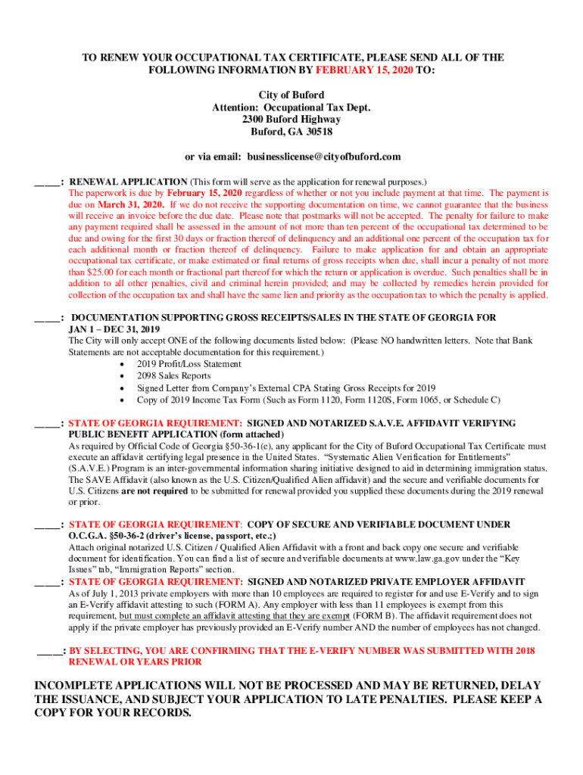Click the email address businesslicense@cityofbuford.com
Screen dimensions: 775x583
coord(321,157)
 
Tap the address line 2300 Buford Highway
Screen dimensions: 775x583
coord(291,120)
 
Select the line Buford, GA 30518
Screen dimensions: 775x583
coord(291,132)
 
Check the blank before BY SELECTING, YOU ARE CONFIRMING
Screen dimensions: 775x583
coord(50,650)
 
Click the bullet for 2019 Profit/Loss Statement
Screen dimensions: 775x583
coord(123,364)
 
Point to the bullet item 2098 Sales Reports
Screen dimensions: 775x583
coord(173,376)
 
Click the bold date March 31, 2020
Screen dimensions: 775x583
coord(130,205)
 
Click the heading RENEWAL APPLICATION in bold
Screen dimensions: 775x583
coord(128,182)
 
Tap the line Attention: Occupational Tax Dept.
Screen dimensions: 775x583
coord(291,107)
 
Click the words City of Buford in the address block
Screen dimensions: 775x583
coord(291,95)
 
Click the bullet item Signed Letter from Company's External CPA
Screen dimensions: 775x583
coord(285,388)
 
